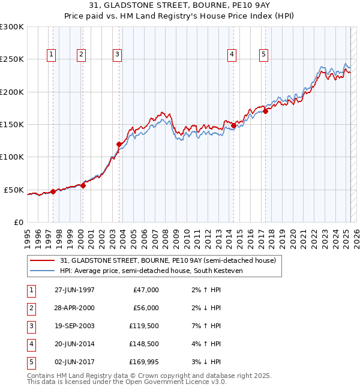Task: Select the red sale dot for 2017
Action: click(265, 111)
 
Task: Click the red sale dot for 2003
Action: click(119, 144)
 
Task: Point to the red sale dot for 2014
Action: click(233, 125)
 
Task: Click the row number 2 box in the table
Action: click(31, 308)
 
